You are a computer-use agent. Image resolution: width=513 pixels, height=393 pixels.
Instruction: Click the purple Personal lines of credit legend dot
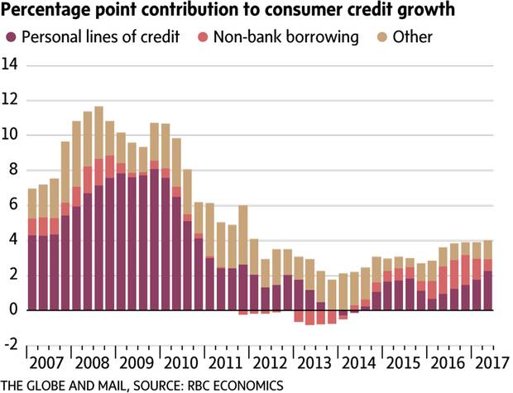click(x=11, y=37)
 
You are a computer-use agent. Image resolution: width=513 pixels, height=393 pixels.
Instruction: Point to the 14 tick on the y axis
click(x=12, y=65)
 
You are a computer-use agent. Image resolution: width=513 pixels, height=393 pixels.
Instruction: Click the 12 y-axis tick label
click(x=12, y=100)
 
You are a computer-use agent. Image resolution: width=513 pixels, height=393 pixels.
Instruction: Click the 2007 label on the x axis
click(x=47, y=364)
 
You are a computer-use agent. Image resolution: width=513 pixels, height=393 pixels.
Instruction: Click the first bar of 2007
click(x=32, y=249)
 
